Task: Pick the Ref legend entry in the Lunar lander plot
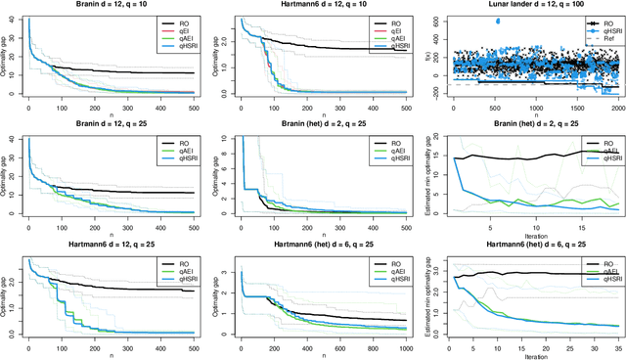click(599, 38)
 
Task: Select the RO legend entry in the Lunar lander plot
click(599, 21)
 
